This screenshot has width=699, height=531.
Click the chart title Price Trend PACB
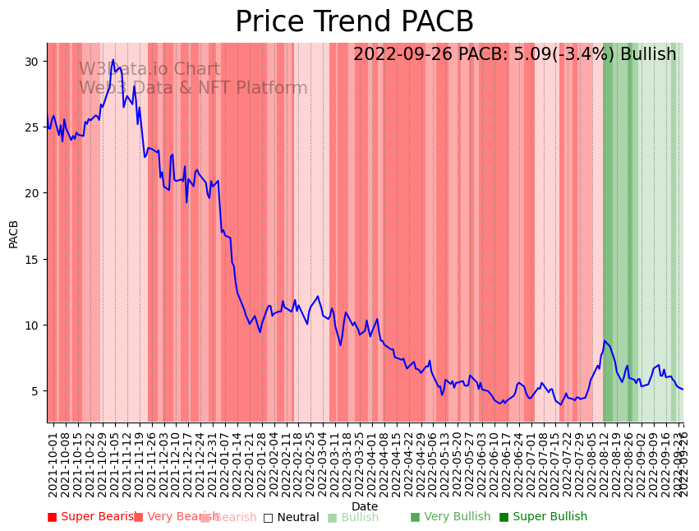[354, 22]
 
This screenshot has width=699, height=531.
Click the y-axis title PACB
[14, 233]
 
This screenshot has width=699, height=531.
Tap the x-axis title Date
[365, 506]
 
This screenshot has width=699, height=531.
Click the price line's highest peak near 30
[113, 60]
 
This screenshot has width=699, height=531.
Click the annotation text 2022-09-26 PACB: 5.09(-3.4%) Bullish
[514, 55]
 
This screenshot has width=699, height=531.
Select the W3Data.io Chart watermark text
[149, 70]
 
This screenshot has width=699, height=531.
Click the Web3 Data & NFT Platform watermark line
[193, 89]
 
